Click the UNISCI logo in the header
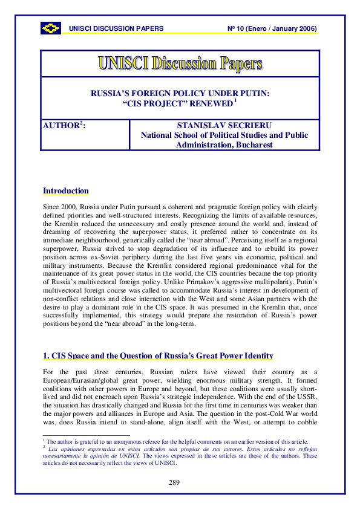tap(51, 28)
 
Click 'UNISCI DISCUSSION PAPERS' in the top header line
tap(116, 29)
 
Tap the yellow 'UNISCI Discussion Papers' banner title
tap(180, 63)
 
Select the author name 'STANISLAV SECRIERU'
tap(224, 126)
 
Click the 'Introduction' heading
tap(65, 191)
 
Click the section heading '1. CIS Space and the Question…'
tap(158, 355)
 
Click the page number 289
tap(180, 482)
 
